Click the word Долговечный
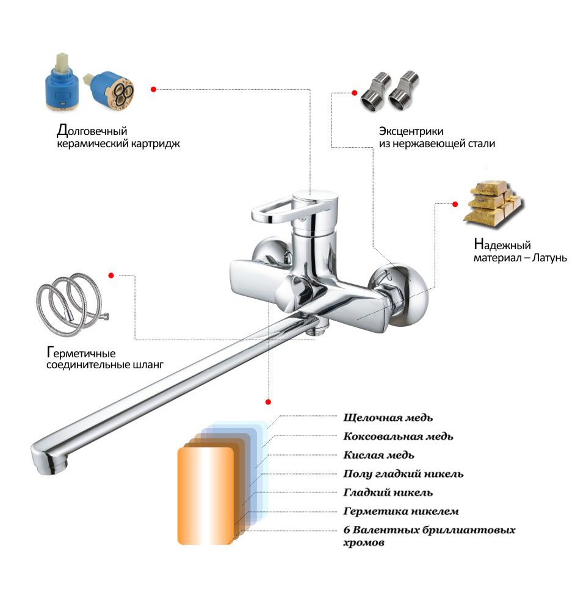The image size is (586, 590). coord(92,131)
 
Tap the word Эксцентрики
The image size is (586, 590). coord(411,131)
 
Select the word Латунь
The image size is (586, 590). coord(549,258)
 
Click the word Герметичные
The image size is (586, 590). coord(81,353)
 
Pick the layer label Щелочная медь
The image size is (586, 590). coord(388,418)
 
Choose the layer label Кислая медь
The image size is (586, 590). coord(378,455)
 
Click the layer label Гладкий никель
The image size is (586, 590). coord(388,492)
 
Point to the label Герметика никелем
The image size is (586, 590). coord(401,511)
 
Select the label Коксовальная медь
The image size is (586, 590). coord(398,437)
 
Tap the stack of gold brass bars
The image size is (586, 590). coord(492,205)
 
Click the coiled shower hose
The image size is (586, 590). coord(71,304)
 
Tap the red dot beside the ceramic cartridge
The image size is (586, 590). coord(153,89)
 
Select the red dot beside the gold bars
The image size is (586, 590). coord(455,205)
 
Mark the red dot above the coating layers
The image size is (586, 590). coord(268,402)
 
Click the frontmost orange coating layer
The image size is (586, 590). coord(205,495)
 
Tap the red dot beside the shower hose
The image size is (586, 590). coord(111,275)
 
